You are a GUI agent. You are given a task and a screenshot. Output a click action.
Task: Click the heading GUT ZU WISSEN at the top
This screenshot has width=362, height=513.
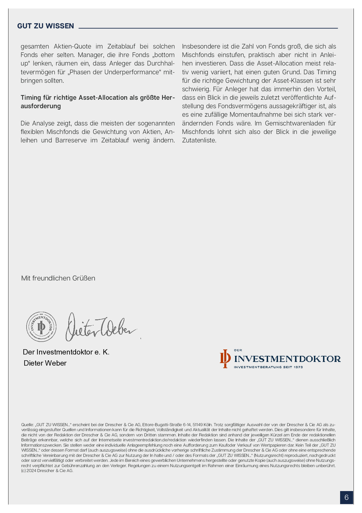click(46, 26)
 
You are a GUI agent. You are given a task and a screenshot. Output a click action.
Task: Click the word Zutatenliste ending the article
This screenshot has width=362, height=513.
click(199, 140)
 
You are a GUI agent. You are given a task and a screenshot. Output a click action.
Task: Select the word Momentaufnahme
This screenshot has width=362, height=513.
click(253, 115)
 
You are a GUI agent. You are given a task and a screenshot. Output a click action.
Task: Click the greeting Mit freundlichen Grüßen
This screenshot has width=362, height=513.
click(58, 278)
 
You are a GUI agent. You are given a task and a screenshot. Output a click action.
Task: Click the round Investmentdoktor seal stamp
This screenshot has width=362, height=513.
click(41, 327)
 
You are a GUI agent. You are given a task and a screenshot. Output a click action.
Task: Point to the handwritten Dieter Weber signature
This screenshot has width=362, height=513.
click(101, 327)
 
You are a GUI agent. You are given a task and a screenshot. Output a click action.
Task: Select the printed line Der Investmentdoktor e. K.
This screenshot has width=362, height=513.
click(66, 352)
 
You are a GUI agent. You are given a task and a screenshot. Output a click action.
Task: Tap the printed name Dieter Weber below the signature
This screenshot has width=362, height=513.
click(45, 363)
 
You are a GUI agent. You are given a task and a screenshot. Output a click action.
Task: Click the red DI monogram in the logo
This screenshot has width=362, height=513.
click(225, 359)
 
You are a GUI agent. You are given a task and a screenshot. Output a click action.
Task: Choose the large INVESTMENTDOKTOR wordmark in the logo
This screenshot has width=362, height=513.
click(287, 359)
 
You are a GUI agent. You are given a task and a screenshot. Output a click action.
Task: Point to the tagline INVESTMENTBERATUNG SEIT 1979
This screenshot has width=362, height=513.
click(268, 367)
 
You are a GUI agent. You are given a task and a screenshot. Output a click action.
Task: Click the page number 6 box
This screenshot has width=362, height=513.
click(346, 497)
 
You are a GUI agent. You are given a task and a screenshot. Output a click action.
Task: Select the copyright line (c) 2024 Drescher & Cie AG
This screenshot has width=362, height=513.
click(47, 471)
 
